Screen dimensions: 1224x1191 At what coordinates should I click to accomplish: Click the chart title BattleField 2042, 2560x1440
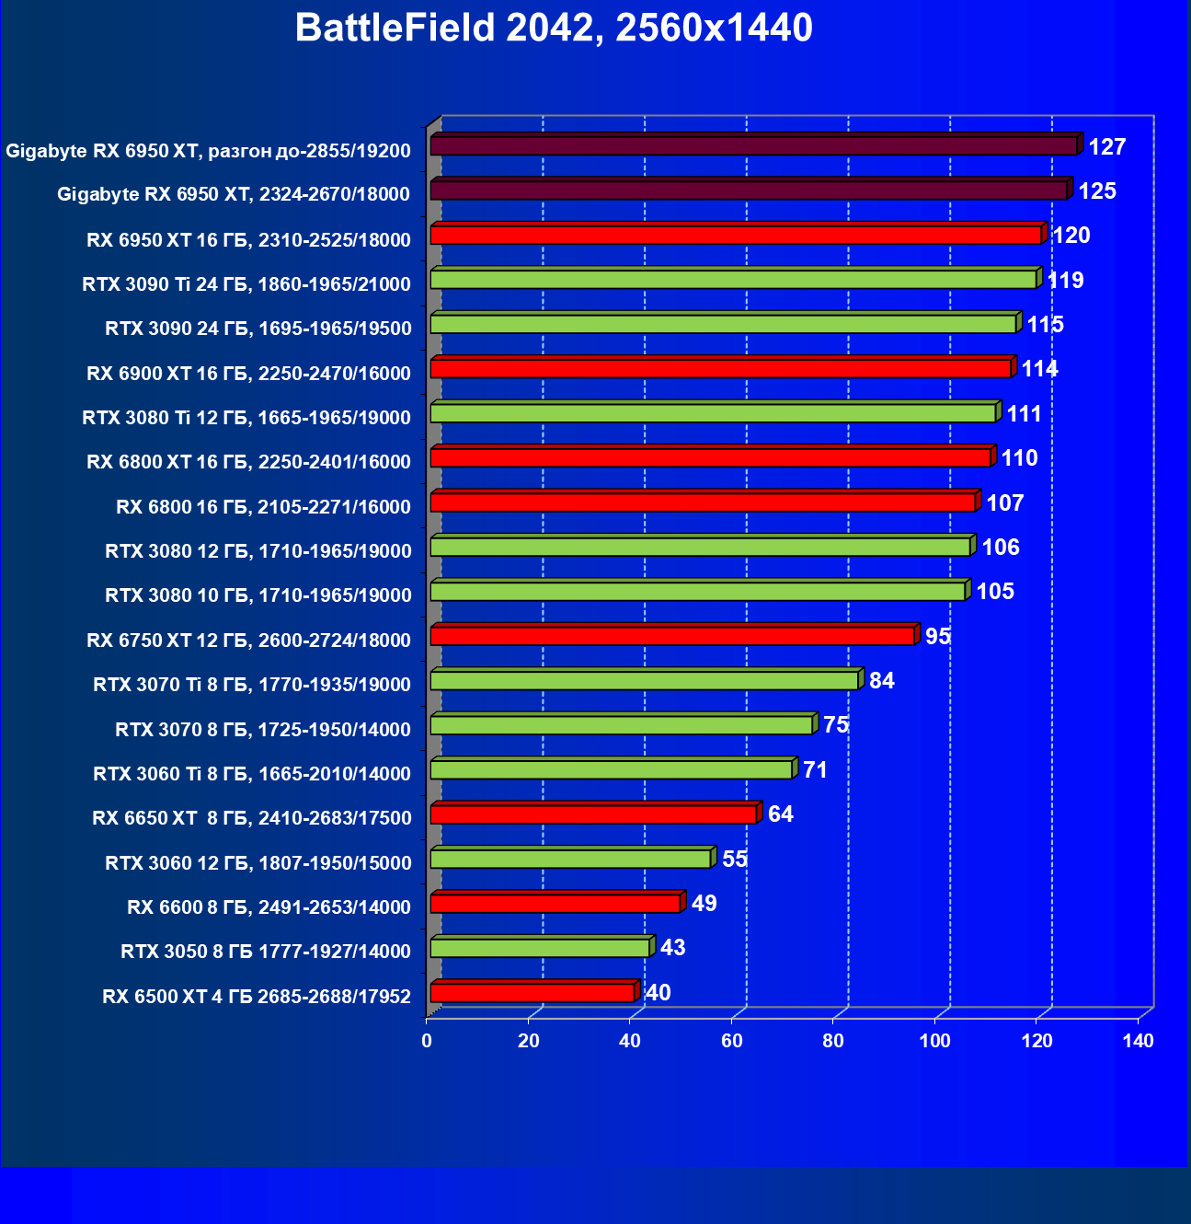554,29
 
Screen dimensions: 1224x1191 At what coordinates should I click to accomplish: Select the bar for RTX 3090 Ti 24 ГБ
734,279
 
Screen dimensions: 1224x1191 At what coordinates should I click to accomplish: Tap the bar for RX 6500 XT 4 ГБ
533,992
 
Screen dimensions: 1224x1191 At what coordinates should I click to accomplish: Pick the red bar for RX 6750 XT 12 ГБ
672,636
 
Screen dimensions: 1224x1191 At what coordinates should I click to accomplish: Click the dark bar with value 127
754,145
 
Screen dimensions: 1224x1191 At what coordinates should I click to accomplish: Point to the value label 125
1097,191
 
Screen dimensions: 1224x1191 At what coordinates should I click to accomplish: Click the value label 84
881,680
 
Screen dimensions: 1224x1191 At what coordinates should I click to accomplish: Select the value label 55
734,859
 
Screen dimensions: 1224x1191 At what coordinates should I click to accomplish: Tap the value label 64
780,814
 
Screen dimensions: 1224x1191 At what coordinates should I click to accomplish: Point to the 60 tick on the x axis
732,1041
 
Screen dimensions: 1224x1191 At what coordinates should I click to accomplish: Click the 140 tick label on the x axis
1139,1041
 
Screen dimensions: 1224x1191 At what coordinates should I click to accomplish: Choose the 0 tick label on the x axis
427,1041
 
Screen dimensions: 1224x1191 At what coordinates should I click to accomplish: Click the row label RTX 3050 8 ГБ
266,952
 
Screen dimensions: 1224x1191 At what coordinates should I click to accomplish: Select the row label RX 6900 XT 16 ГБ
248,374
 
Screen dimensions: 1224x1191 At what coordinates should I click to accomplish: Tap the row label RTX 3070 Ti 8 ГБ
252,685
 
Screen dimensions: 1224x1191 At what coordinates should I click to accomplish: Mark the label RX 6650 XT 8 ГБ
252,818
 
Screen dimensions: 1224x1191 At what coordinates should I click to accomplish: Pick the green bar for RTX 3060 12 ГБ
570,859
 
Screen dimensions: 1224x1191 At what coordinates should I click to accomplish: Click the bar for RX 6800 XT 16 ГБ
710,457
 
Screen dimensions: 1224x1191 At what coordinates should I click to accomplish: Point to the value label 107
1004,502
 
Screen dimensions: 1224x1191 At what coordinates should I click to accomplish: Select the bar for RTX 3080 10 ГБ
698,591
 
